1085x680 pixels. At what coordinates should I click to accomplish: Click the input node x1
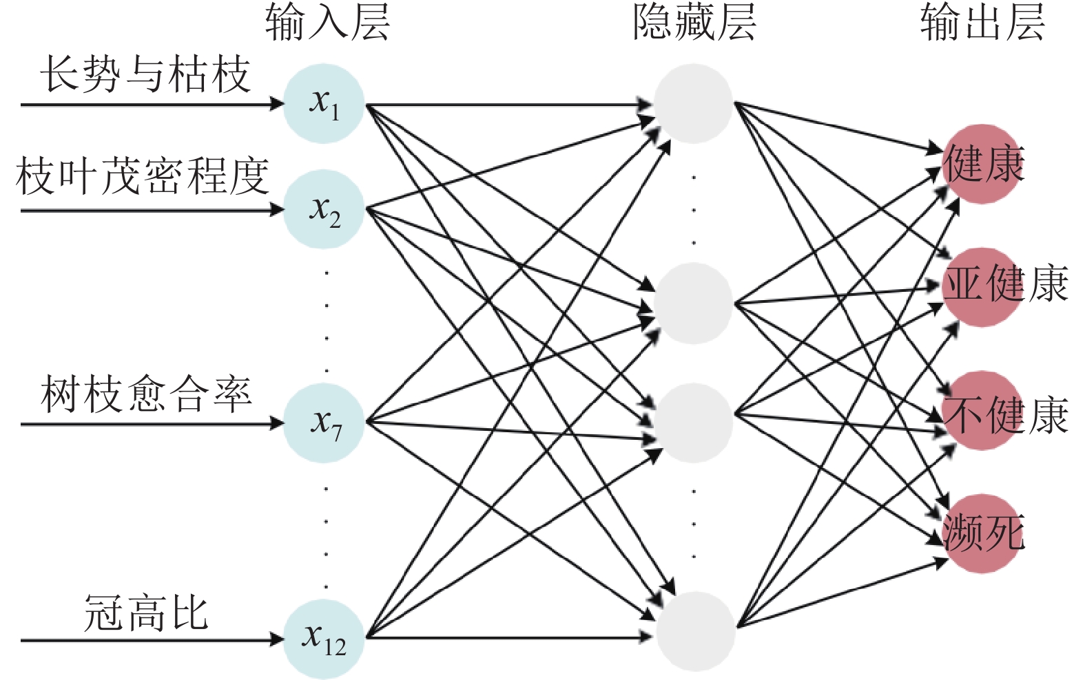click(x=324, y=104)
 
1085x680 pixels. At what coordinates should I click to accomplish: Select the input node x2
click(x=324, y=209)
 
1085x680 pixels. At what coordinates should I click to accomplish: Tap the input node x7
click(x=324, y=423)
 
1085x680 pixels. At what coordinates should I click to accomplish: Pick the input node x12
click(x=324, y=639)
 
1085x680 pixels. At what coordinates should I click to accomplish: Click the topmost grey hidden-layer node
click(x=693, y=104)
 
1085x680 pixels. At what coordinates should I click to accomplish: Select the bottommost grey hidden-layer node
click(x=694, y=631)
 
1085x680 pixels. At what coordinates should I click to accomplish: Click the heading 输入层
click(x=327, y=22)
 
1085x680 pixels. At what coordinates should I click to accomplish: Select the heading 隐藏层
click(x=694, y=22)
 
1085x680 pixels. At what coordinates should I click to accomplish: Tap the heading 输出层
click(x=982, y=22)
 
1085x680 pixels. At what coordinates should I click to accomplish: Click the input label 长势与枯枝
click(x=145, y=74)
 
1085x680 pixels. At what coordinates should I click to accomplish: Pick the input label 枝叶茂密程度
click(x=142, y=176)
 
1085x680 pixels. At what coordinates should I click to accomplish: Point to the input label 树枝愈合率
click(x=146, y=394)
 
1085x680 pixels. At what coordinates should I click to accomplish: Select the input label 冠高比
click(x=146, y=613)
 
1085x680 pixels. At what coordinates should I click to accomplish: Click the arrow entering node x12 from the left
click(x=152, y=640)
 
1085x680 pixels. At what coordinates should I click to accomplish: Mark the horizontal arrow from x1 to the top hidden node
click(x=510, y=105)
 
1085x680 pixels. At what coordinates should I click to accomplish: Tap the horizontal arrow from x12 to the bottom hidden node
click(x=510, y=637)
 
